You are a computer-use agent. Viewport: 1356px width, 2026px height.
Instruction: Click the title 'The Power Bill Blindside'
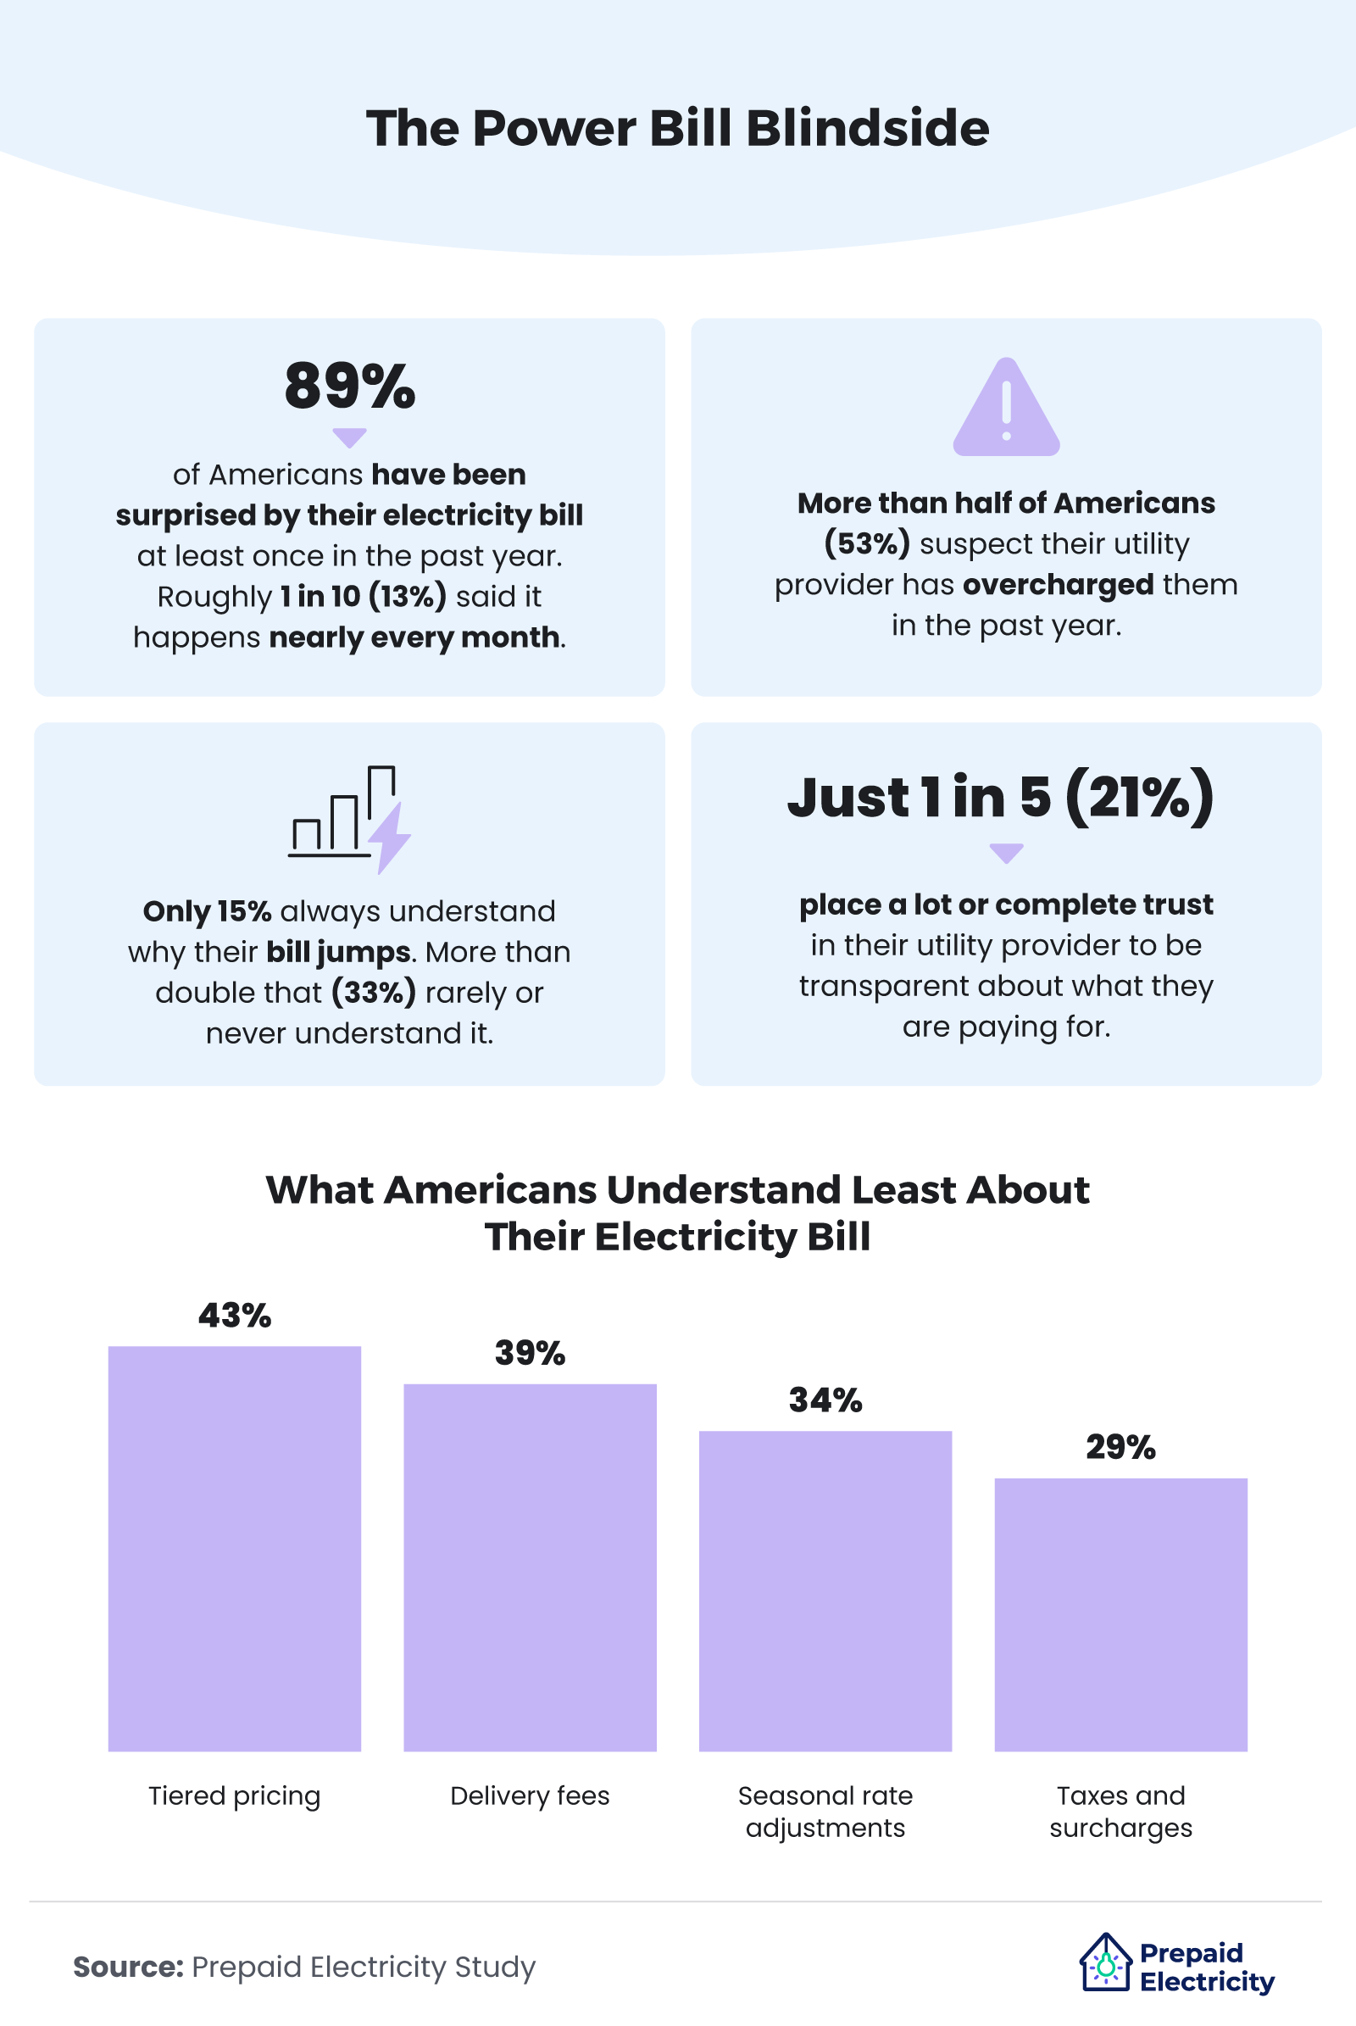tap(677, 128)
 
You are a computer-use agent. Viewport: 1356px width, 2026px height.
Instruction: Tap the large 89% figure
tap(349, 386)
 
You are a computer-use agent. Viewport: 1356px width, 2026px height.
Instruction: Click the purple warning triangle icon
tap(1006, 408)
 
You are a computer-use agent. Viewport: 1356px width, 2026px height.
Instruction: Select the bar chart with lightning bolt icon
tap(349, 818)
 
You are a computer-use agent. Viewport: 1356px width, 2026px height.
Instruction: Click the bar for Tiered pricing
tap(235, 1549)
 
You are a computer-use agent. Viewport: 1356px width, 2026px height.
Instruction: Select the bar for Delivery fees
tap(531, 1567)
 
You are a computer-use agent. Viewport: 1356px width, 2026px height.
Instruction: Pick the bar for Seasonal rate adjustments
tap(825, 1591)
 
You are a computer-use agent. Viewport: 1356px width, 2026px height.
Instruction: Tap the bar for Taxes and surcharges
tap(1120, 1614)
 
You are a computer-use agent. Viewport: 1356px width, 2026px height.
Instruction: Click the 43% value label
tap(235, 1316)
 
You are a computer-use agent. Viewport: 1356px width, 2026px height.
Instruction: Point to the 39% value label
tap(531, 1353)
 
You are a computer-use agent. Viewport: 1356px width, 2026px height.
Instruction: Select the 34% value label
tap(825, 1400)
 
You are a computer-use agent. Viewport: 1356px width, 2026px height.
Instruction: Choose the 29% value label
tap(1120, 1446)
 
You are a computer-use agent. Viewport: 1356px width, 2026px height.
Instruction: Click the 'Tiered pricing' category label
tap(235, 1796)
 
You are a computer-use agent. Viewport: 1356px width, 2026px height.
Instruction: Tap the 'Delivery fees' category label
tap(531, 1796)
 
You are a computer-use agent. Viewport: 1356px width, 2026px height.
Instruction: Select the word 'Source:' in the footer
tap(128, 1967)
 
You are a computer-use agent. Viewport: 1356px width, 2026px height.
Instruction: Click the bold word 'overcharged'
tap(1058, 585)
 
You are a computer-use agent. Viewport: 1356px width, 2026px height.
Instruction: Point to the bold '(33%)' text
tap(374, 993)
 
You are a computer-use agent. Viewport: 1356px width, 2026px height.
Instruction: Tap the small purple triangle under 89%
tap(349, 437)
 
